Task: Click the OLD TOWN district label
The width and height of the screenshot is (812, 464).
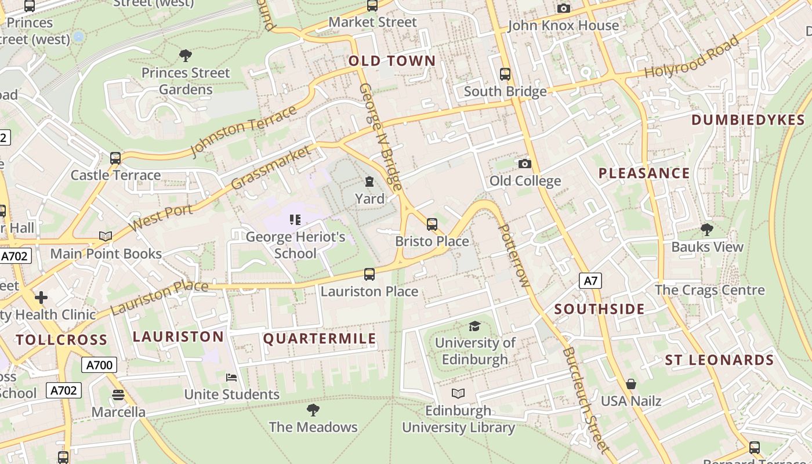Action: (392, 61)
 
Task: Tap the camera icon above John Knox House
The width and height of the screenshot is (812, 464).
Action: (563, 8)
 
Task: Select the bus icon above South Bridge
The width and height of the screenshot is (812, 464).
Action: (505, 74)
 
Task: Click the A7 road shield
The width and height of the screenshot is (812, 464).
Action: (590, 281)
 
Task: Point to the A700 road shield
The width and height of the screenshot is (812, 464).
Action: (99, 365)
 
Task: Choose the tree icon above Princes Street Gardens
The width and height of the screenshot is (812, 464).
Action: (186, 56)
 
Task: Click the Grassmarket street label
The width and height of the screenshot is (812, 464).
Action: (270, 168)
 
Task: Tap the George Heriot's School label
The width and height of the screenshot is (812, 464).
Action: (295, 245)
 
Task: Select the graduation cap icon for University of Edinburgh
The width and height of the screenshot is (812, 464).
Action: (475, 327)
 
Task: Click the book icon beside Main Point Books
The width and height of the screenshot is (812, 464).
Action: (106, 236)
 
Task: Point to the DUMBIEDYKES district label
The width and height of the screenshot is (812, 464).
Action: (748, 120)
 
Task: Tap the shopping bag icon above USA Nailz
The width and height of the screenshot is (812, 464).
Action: (631, 384)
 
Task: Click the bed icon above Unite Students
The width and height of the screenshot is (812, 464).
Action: (231, 378)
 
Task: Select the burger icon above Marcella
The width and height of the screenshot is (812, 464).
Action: (118, 395)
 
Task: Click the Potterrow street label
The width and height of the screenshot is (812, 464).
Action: (514, 255)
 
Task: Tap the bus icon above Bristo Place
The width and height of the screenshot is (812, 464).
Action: (432, 224)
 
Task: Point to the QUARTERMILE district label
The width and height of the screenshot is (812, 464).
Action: (320, 339)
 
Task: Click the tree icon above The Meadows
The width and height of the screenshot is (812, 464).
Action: (313, 410)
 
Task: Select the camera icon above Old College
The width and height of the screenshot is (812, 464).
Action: (525, 164)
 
